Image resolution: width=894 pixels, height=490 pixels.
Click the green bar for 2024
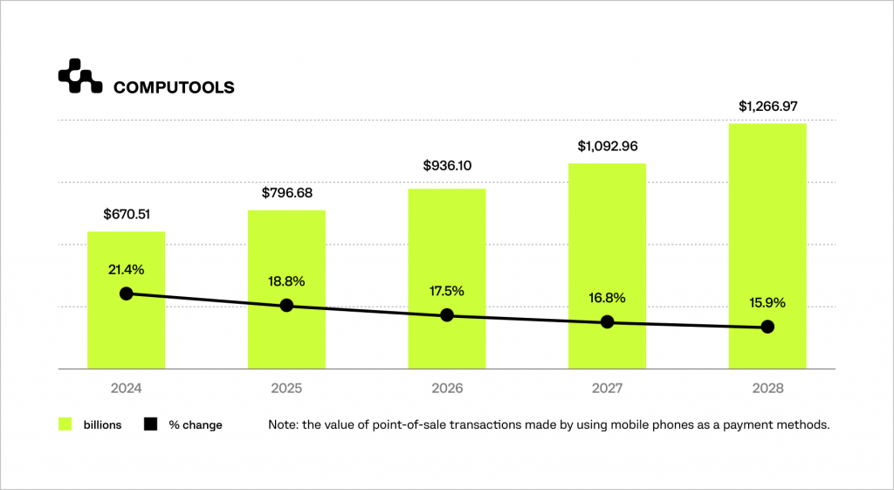click(126, 332)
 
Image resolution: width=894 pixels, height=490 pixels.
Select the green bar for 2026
click(447, 262)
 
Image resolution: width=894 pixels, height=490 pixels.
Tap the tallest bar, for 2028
click(767, 227)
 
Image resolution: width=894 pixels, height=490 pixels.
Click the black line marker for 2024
click(126, 293)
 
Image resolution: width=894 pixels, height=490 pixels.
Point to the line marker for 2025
click(286, 306)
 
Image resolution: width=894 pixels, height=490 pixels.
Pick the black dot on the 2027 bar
click(608, 322)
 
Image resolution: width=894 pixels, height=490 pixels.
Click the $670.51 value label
click(126, 214)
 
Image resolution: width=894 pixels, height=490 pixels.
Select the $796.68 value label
click(286, 192)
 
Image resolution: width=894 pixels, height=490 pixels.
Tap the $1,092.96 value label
click(608, 146)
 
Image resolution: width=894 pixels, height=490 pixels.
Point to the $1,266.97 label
click(767, 107)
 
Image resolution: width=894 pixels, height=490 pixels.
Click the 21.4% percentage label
click(126, 271)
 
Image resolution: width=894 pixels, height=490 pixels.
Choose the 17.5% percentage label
click(447, 292)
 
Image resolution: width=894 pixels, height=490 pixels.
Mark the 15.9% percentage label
click(767, 303)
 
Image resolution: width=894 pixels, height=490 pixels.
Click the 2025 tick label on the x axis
click(286, 387)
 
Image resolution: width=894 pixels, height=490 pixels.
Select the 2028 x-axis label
click(767, 387)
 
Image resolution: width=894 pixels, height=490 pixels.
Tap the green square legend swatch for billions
click(65, 424)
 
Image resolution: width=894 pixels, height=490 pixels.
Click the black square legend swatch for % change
click(150, 424)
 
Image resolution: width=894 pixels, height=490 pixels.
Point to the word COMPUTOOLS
click(174, 87)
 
